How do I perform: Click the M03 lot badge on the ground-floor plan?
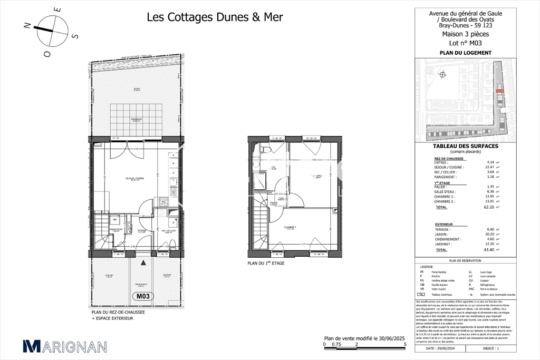144,296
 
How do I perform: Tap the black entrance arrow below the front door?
144,261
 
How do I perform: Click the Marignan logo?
65,346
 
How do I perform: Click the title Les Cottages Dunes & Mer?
215,17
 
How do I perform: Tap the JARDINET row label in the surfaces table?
444,244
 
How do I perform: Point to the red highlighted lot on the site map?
499,91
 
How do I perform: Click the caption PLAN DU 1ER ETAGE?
266,263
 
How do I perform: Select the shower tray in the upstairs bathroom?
260,181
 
